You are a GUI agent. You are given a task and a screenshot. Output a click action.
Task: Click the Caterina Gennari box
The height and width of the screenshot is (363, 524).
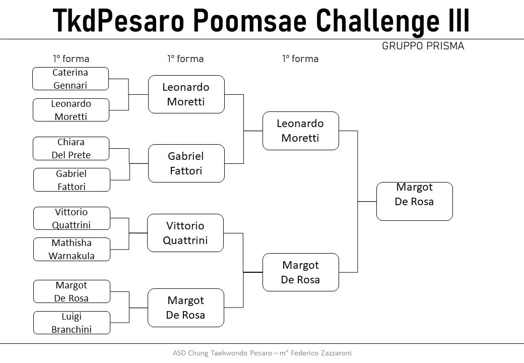71,79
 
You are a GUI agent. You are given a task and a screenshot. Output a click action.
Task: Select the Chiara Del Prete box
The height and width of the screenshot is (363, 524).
71,148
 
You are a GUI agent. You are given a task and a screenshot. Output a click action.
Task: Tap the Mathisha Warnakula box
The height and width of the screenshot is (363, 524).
72,250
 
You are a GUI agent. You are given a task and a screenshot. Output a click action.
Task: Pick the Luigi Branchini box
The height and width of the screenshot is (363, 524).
72,323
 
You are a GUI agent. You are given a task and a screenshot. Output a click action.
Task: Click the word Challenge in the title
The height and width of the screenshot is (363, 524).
377,21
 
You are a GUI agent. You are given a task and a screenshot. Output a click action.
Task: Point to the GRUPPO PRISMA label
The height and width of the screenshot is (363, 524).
423,46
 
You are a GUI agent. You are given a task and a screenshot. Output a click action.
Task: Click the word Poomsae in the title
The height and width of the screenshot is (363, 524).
250,20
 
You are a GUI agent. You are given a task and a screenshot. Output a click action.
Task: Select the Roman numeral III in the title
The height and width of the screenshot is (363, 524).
458,20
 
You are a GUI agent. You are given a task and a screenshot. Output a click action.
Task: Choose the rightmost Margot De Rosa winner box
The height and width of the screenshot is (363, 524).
415,201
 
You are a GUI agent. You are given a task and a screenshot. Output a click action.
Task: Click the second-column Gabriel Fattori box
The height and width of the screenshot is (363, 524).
186,163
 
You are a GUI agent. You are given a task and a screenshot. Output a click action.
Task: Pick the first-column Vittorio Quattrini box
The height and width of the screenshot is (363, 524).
72,218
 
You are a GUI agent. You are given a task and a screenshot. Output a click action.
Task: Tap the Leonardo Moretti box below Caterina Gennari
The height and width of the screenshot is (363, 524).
71,110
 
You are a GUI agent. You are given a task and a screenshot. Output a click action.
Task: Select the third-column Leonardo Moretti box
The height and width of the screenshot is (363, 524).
301,131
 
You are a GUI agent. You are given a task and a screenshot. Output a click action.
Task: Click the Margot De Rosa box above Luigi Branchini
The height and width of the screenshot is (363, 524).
72,291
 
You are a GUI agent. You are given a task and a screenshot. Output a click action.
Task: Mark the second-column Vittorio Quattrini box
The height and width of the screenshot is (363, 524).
185,233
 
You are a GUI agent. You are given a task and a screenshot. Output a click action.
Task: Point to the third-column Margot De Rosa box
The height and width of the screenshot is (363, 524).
301,272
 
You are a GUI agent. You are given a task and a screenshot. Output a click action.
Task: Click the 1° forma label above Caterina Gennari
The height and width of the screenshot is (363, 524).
71,59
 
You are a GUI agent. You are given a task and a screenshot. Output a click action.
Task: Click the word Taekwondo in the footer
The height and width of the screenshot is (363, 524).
229,353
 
